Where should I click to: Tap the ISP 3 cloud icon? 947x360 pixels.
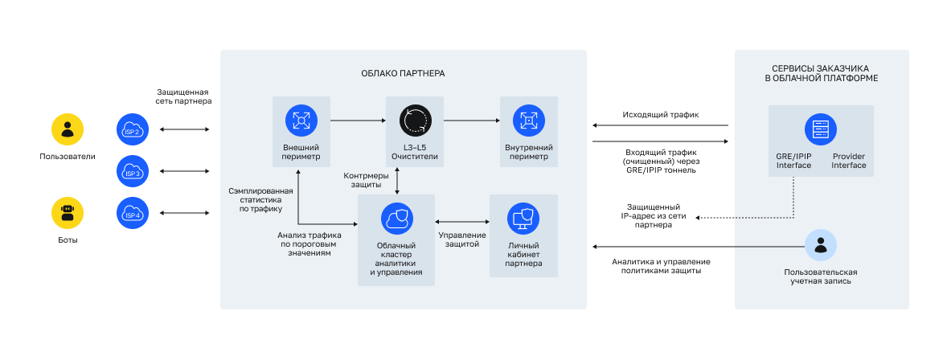coord(132,171)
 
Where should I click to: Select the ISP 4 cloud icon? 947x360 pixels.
coord(132,213)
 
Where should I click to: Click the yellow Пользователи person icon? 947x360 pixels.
coord(68,129)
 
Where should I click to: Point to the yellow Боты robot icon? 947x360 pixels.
coord(68,213)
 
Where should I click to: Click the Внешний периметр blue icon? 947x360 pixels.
coord(301,121)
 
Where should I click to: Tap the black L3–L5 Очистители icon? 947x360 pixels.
coord(415,121)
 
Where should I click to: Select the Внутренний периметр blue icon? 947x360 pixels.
coord(529,121)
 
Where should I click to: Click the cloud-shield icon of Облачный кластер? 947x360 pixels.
coord(396,218)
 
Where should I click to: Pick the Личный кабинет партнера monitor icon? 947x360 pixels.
coord(523,218)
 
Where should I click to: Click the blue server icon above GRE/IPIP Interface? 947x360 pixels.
coord(821,129)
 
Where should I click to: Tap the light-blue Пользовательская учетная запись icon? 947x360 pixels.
coord(821,246)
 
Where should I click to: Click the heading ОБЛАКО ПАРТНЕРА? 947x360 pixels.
coord(403,73)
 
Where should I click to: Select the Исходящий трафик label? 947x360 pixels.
coord(660,115)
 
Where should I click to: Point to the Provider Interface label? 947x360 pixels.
coord(849,161)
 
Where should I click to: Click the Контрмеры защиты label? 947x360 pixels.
coord(366,181)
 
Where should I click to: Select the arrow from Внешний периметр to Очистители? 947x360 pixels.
coord(358,121)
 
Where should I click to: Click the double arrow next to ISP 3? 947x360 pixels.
coord(185,171)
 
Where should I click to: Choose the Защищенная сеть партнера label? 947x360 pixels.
coord(184,96)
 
